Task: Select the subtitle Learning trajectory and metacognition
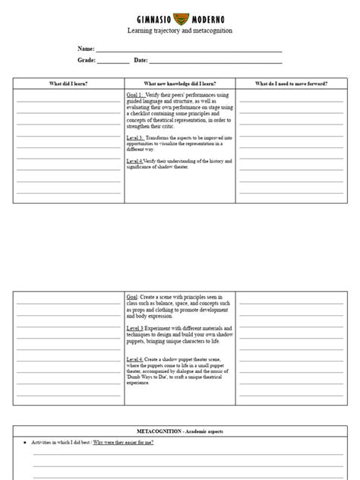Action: pyautogui.click(x=179, y=30)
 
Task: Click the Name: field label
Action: pyautogui.click(x=86, y=48)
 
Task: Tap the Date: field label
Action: pyautogui.click(x=141, y=60)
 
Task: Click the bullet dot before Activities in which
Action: pyautogui.click(x=26, y=441)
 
